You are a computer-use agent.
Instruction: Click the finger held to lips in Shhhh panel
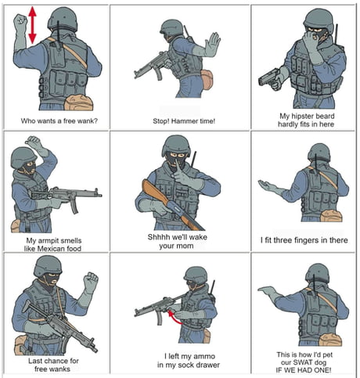pyautogui.click(x=178, y=168)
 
